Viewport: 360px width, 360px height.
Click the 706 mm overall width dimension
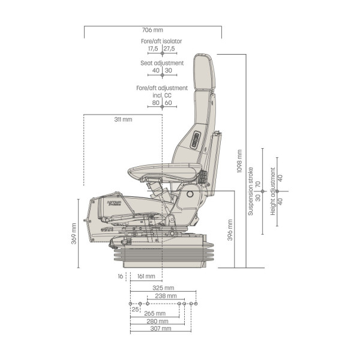tap(152, 30)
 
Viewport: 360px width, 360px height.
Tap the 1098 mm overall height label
tap(239, 161)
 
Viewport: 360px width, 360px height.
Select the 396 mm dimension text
tap(230, 230)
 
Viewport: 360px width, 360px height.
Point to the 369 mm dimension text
tap(74, 233)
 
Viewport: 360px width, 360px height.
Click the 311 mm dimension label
tap(123, 119)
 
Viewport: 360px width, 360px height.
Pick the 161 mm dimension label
tap(146, 276)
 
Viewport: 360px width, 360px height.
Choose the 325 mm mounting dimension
tap(163, 288)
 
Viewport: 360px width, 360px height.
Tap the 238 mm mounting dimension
tap(166, 296)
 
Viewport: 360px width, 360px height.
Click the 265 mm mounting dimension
tap(155, 313)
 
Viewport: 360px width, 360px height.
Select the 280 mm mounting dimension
tap(157, 321)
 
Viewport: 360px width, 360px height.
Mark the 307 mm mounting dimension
tap(161, 329)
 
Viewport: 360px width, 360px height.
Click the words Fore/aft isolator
tap(161, 41)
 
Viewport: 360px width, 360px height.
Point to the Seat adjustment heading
tap(162, 63)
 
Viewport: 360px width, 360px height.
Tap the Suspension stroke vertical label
tap(250, 191)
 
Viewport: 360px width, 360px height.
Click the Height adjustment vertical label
tap(273, 191)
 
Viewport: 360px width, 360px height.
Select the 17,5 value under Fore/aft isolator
tap(153, 49)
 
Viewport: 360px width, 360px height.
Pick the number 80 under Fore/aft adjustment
tap(155, 103)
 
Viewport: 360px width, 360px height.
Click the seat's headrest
tap(204, 72)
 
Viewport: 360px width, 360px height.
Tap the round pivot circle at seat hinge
tap(190, 194)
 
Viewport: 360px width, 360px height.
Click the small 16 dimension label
tap(121, 276)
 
